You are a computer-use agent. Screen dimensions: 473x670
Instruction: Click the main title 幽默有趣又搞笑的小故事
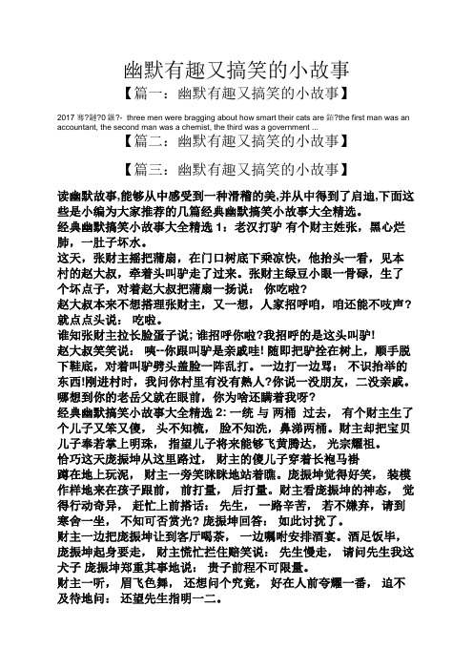pos(237,70)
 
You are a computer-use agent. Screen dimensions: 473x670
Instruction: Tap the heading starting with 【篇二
pos(236,144)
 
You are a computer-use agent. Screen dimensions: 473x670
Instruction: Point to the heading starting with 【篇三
pos(236,170)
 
